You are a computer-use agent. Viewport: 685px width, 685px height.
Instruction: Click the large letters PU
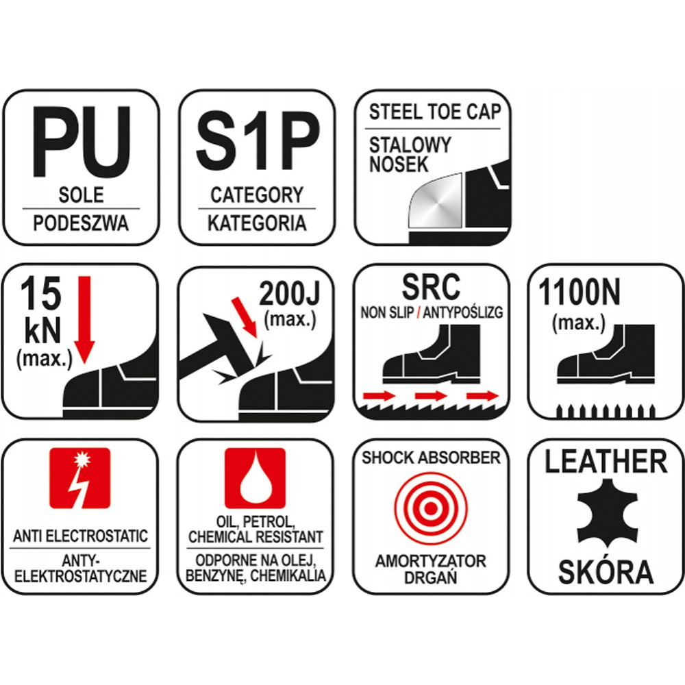point(82,142)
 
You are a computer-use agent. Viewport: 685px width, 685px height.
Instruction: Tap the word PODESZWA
point(82,223)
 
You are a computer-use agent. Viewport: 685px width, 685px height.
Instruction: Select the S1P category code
point(258,142)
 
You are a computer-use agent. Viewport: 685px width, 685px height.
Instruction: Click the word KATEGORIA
point(257,223)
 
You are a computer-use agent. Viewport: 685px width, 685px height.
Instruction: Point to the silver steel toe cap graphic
point(434,201)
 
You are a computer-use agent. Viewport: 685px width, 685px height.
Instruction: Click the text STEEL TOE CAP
point(434,112)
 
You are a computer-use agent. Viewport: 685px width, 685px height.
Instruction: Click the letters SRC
point(431,286)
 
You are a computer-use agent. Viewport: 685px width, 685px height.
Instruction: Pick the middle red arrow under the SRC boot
point(431,396)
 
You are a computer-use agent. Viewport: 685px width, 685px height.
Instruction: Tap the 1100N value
point(579,292)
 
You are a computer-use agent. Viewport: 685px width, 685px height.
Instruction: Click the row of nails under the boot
point(606,412)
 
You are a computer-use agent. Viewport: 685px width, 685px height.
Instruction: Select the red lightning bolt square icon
point(80,478)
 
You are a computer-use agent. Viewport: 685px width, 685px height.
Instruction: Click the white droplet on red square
point(255,478)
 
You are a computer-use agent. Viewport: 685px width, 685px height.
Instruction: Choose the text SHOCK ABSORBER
point(431,458)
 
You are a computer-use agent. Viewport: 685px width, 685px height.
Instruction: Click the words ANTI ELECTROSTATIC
point(80,536)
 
